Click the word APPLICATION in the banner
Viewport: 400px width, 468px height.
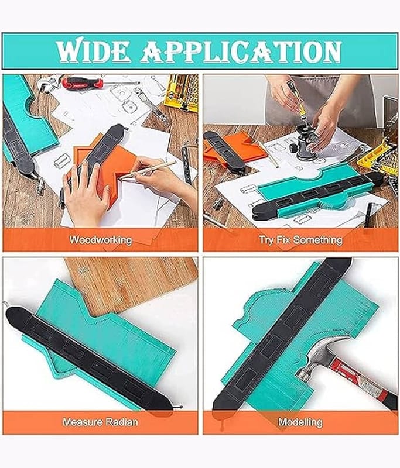[241, 51]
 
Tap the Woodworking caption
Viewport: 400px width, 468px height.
[100, 240]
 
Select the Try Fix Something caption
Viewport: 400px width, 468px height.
[300, 240]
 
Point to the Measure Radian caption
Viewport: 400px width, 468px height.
[100, 422]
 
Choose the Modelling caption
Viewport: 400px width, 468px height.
[300, 422]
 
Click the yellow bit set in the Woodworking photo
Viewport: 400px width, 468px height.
[181, 92]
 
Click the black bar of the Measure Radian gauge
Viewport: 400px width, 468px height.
[93, 358]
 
